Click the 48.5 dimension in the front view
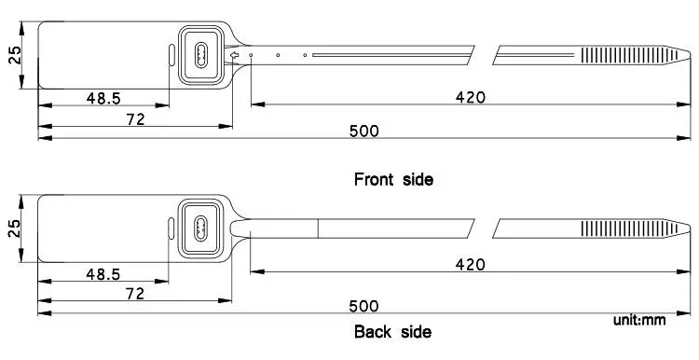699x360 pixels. click(103, 98)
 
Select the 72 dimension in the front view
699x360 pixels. click(135, 119)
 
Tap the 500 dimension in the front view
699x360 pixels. click(363, 132)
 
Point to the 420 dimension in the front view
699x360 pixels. click(471, 97)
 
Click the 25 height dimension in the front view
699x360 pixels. click(15, 55)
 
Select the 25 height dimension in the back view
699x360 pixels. click(15, 228)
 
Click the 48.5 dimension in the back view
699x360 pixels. click(103, 274)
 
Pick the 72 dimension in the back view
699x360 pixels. click(135, 294)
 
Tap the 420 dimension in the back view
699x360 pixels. click(470, 265)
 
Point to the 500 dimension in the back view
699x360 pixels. click(363, 306)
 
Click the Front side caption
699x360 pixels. click(393, 179)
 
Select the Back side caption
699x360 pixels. click(392, 332)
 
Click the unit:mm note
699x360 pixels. click(639, 320)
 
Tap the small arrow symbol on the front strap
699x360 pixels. click(235, 55)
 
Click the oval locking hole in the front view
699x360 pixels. click(201, 55)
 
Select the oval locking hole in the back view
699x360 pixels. click(200, 228)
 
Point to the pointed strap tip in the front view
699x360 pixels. click(690, 55)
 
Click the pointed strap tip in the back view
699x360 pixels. click(690, 228)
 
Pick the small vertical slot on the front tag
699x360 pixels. click(172, 55)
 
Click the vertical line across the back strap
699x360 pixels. click(318, 228)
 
